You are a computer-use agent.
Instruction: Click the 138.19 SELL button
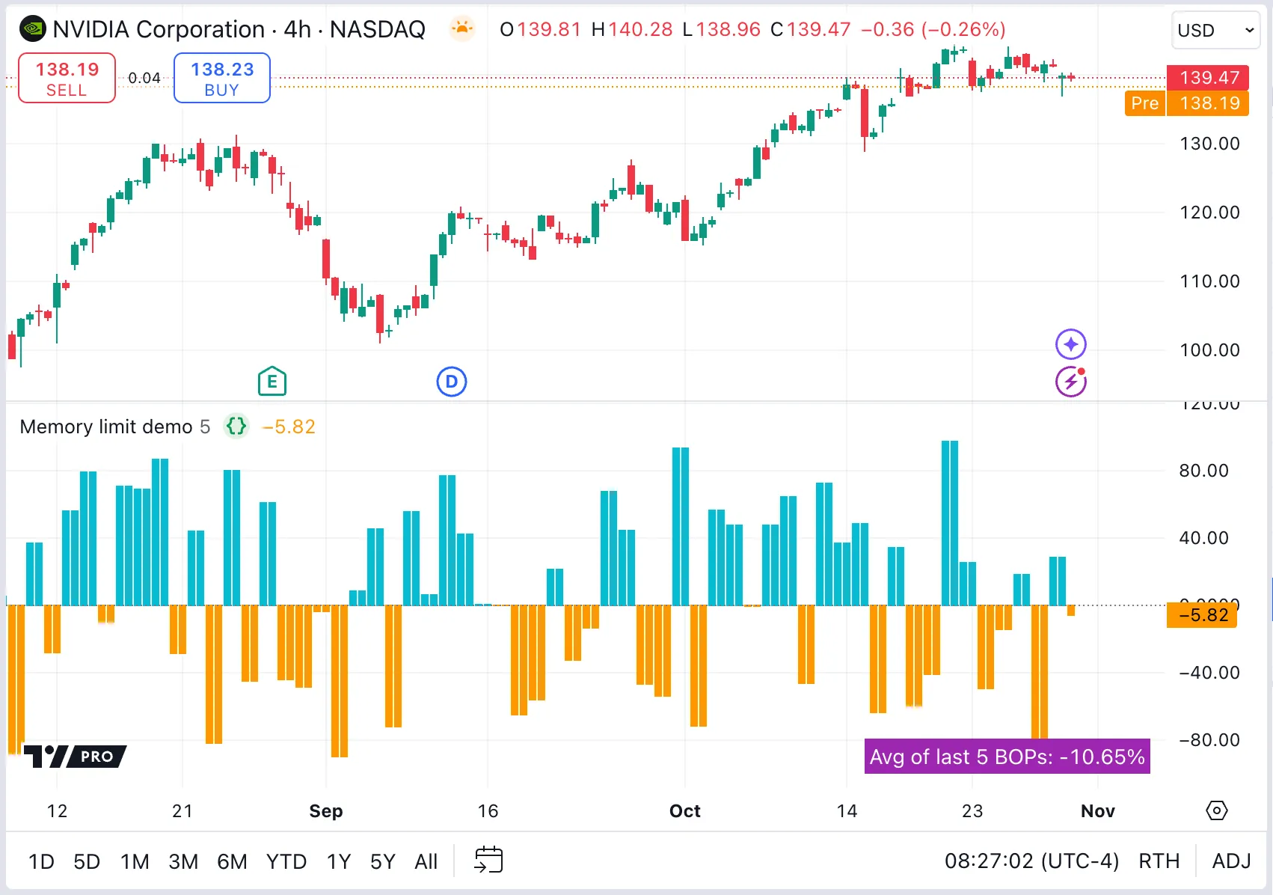pyautogui.click(x=67, y=78)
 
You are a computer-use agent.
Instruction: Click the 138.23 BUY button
pyautogui.click(x=222, y=78)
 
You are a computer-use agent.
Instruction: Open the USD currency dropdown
pyautogui.click(x=1215, y=31)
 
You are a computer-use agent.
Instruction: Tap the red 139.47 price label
pyautogui.click(x=1208, y=77)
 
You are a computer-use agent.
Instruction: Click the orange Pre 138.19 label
pyautogui.click(x=1187, y=103)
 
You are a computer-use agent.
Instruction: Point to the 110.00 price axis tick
pyautogui.click(x=1209, y=281)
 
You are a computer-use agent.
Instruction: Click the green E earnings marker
pyautogui.click(x=272, y=382)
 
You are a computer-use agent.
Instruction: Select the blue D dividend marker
pyautogui.click(x=452, y=382)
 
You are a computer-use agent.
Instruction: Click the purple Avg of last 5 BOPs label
pyautogui.click(x=1007, y=757)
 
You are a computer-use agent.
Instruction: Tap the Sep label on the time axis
pyautogui.click(x=326, y=811)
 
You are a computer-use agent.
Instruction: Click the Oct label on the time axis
pyautogui.click(x=684, y=811)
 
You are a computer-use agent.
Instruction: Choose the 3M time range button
pyautogui.click(x=183, y=862)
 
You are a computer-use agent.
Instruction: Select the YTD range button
pyautogui.click(x=286, y=862)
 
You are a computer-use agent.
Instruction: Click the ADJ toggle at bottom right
pyautogui.click(x=1231, y=861)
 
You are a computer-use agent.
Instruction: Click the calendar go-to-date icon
pyautogui.click(x=489, y=861)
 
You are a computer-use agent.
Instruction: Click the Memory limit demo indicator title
pyautogui.click(x=106, y=427)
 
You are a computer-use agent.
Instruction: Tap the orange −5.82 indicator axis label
pyautogui.click(x=1203, y=615)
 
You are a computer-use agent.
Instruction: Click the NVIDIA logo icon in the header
pyautogui.click(x=33, y=29)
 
